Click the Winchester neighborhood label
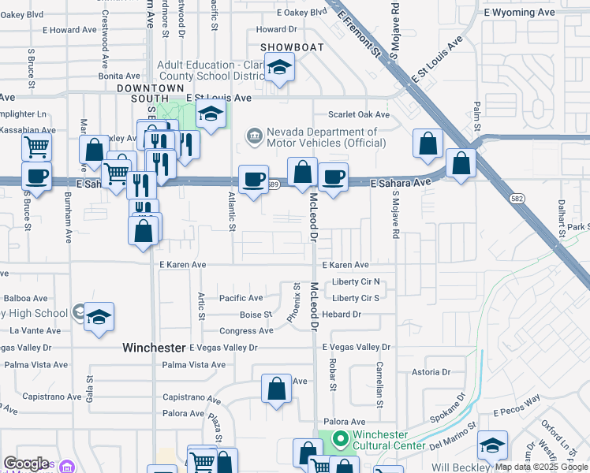154,347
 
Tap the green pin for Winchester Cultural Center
341,439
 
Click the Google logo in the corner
26,464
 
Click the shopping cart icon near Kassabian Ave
36,147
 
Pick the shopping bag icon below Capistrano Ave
276,389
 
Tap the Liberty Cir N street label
356,281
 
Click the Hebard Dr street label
342,315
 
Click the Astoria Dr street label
430,371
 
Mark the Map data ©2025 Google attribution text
541,467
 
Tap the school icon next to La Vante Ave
99,318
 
